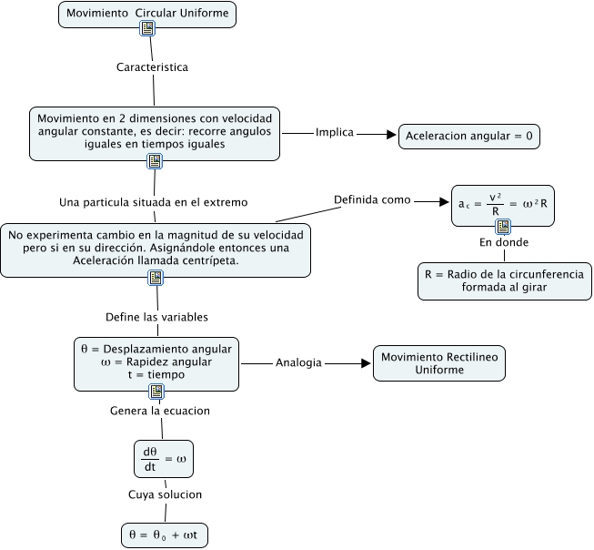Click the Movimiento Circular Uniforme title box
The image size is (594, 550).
[x=147, y=14]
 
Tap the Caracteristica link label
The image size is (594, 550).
[x=153, y=66]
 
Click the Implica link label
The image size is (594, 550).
[x=335, y=132]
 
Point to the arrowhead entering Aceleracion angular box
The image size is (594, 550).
[x=392, y=135]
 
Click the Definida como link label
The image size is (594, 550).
[x=372, y=199]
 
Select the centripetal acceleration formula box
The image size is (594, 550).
[x=503, y=207]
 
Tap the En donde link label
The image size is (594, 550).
[x=504, y=242]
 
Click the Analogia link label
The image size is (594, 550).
[x=298, y=362]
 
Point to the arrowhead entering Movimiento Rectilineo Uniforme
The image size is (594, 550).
[x=367, y=362]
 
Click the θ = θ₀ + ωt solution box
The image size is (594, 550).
[x=165, y=535]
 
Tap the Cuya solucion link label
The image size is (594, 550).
[x=165, y=494]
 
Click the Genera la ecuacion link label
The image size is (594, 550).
[x=160, y=411]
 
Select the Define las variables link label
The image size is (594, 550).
[x=157, y=317]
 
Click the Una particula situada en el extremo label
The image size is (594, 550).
[x=154, y=201]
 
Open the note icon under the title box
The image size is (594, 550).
[x=147, y=30]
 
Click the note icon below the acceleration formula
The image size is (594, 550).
[x=503, y=227]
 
